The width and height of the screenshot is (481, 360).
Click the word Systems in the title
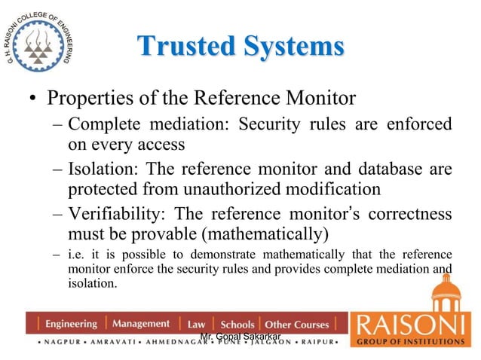click(285, 46)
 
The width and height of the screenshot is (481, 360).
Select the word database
click(386, 170)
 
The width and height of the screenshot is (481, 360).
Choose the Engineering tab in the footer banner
click(71, 324)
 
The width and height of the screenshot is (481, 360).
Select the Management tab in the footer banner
click(141, 324)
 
